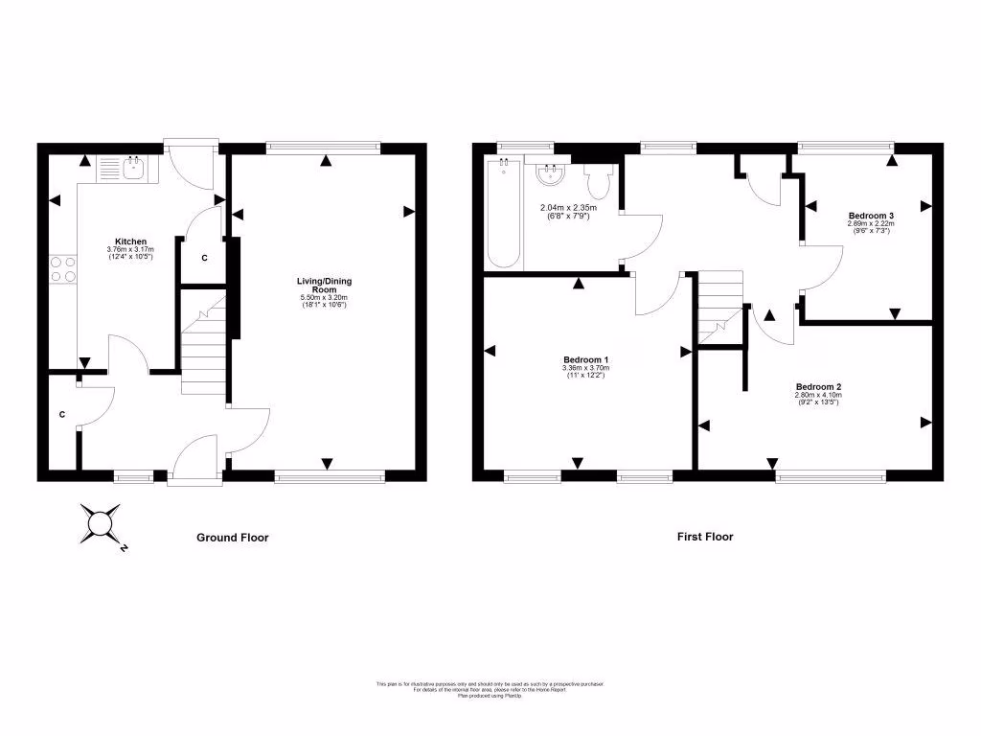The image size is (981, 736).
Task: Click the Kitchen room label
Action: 130,241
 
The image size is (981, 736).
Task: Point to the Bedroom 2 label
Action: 818,387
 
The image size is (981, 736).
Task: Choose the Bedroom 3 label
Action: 871,216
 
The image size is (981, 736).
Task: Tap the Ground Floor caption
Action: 233,538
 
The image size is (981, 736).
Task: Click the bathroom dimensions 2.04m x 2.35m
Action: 568,212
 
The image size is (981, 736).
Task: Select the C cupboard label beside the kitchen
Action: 203,258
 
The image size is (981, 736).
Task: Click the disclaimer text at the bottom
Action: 490,688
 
